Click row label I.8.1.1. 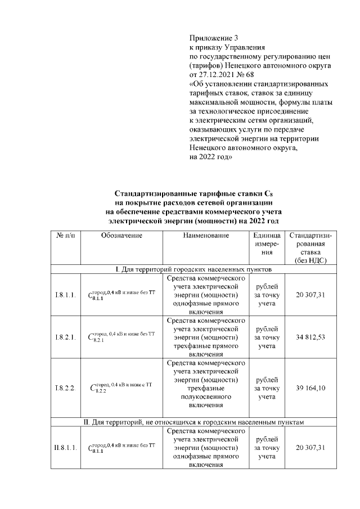click(x=65, y=296)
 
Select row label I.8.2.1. click(x=65, y=337)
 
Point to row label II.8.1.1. click(x=65, y=448)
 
